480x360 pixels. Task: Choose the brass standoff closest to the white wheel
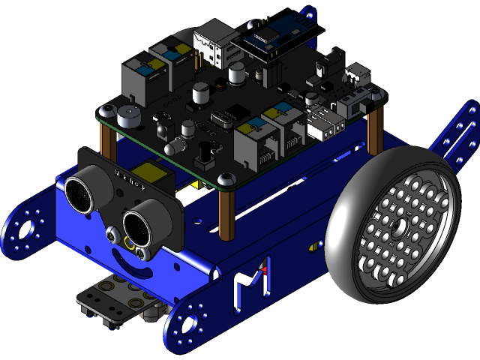[x=374, y=130]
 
